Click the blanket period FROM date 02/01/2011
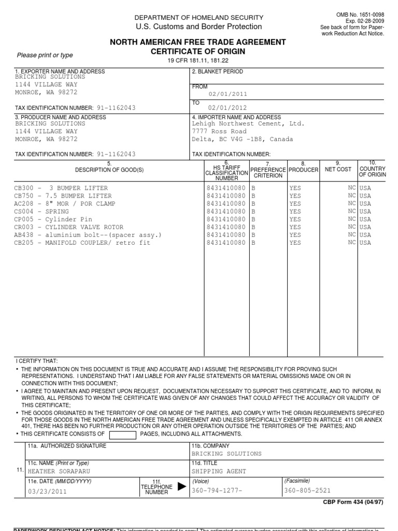228,94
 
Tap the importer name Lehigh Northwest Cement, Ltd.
248,124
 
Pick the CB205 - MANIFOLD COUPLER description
75,243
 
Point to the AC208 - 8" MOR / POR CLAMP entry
64,204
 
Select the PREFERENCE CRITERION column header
267,172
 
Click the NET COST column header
338,169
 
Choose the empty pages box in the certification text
123,434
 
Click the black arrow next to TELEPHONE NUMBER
181,486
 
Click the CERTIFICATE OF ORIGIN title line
197,52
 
